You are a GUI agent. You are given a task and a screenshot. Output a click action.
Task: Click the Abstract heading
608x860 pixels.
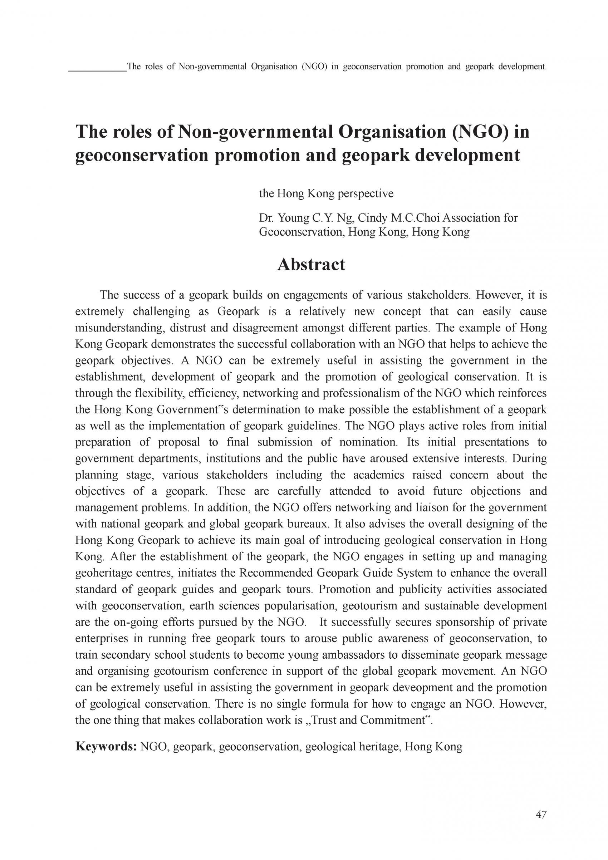(311, 265)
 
